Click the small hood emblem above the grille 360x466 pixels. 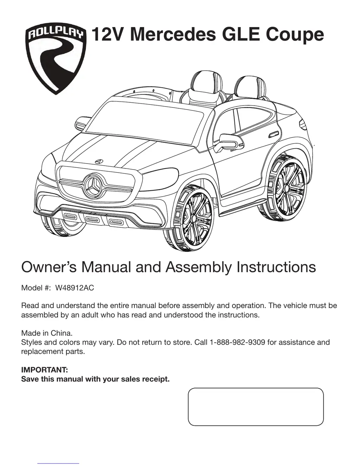pyautogui.click(x=99, y=161)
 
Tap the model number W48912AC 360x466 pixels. pyautogui.click(x=75, y=288)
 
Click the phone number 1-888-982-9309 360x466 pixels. pyautogui.click(x=237, y=342)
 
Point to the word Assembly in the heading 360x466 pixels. pyautogui.click(x=199, y=267)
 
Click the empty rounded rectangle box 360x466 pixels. pyautogui.click(x=256, y=407)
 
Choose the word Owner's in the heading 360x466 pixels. pyautogui.click(x=49, y=267)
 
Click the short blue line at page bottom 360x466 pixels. pyautogui.click(x=58, y=464)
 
